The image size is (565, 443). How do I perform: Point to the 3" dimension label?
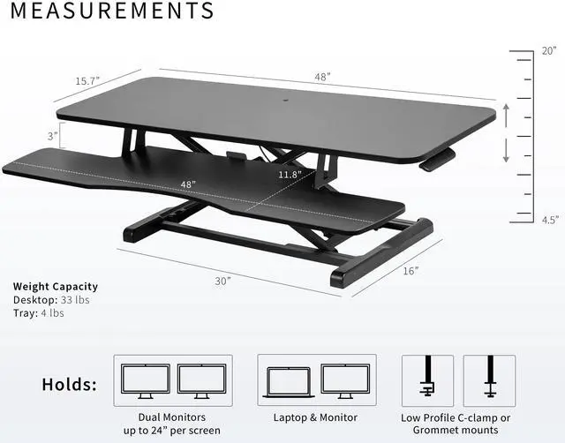(x=53, y=136)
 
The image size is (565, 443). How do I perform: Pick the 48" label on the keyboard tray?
(x=187, y=184)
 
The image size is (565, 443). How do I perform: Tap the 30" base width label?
(x=222, y=281)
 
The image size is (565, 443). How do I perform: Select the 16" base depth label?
(x=411, y=271)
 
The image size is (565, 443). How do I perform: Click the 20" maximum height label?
(x=548, y=51)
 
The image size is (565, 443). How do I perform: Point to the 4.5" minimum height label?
(x=549, y=221)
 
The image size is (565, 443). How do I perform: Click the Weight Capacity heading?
(x=56, y=286)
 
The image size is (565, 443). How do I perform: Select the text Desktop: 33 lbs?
(x=51, y=299)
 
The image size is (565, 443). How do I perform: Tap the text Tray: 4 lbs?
(x=39, y=312)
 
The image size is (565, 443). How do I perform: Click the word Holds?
(x=71, y=385)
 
